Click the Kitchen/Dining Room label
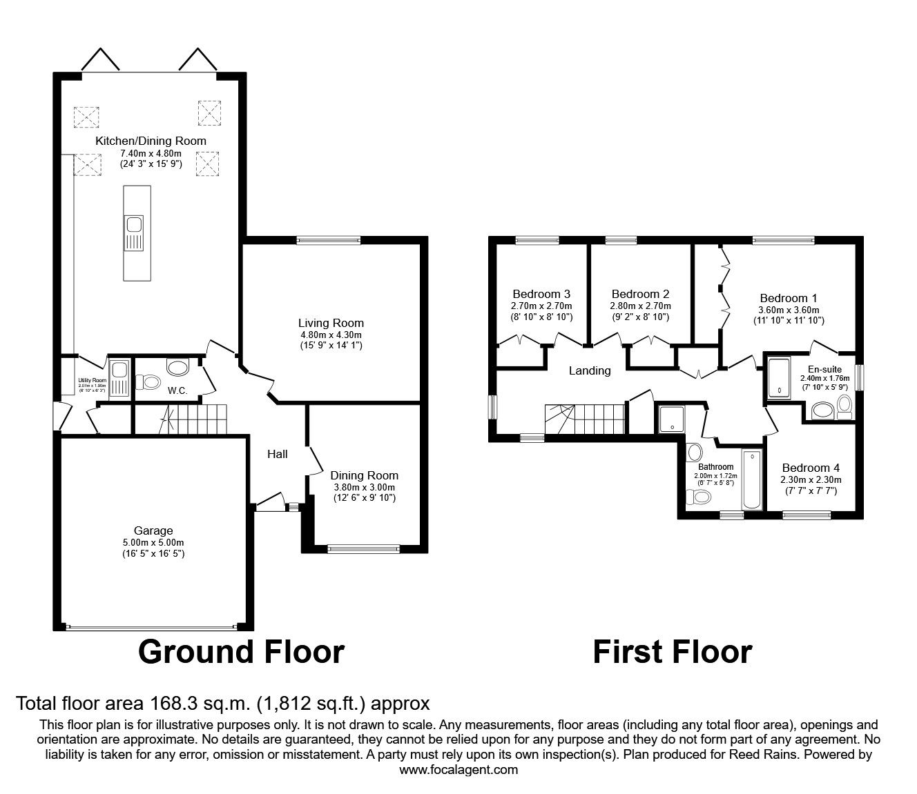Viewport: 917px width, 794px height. tap(151, 141)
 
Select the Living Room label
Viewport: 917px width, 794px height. tap(331, 323)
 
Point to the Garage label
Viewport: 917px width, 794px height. tap(153, 530)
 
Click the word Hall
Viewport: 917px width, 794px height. tap(278, 454)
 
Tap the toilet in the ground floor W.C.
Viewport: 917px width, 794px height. tap(149, 381)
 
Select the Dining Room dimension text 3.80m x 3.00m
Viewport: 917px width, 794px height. tap(364, 486)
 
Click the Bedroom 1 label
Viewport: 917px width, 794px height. tap(788, 298)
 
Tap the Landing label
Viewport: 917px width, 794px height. tap(589, 370)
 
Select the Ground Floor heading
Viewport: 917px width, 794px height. tap(241, 651)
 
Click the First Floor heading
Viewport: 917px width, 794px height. tap(672, 651)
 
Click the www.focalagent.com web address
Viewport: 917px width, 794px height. tap(458, 770)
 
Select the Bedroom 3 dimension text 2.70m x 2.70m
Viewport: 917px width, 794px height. tap(541, 306)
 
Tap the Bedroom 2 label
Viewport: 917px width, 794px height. tap(640, 294)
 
